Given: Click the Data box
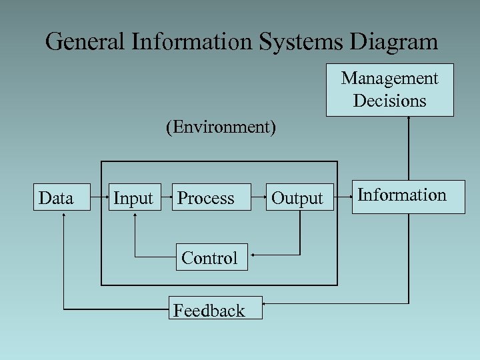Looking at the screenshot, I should (62, 197).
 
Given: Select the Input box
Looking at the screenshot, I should (135, 197).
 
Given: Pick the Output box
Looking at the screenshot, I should (297, 197).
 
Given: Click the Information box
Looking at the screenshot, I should (409, 196).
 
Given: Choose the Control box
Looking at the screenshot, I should (211, 257).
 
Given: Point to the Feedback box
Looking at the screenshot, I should (215, 309).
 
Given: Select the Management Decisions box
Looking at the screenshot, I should (390, 90).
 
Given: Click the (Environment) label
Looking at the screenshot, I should (221, 127).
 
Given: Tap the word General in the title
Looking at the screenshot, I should (86, 42).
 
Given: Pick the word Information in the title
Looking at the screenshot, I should (193, 42).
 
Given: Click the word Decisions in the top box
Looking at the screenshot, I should (390, 101).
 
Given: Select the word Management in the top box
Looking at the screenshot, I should (390, 79).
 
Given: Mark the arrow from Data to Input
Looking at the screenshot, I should (99, 197).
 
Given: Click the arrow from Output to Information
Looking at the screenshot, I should (339, 197).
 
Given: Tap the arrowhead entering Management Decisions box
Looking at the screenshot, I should (407, 119).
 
